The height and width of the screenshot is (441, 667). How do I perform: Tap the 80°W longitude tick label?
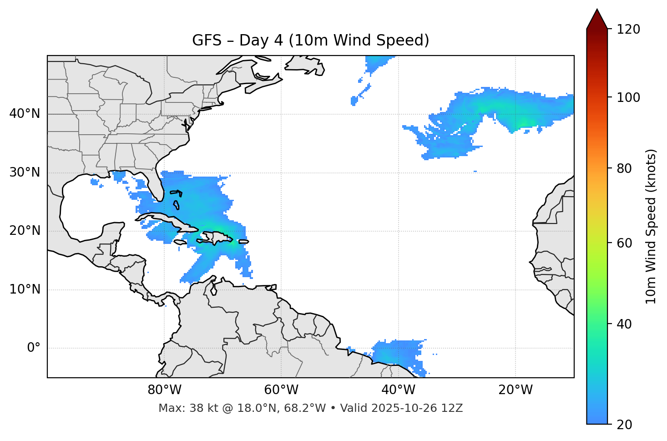coord(164,390)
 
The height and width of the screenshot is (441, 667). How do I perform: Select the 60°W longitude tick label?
coord(281,390)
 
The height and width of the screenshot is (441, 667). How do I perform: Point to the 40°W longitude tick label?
coord(398,390)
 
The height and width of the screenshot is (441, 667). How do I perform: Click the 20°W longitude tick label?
coord(515,390)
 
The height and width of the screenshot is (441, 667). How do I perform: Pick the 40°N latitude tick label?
coord(25,114)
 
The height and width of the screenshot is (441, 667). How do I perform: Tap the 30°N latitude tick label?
coord(25,172)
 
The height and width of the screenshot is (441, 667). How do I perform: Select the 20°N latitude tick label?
coord(25,231)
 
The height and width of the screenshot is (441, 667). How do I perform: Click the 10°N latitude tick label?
coord(25,289)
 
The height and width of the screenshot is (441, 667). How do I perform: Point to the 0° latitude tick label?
coord(33,348)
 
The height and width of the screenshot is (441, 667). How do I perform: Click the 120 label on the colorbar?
coord(629,30)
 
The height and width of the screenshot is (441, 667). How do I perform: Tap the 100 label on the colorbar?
coord(629,97)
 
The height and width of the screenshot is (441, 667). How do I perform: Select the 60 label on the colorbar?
coord(626,243)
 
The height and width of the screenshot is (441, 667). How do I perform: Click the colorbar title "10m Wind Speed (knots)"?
coord(651,227)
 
